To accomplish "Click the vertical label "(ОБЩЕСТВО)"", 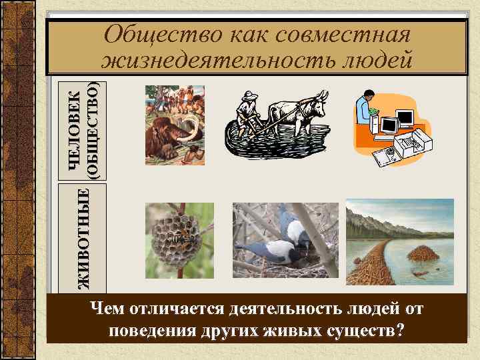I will tap(94, 131).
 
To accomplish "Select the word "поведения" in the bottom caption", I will tap(154, 331).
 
